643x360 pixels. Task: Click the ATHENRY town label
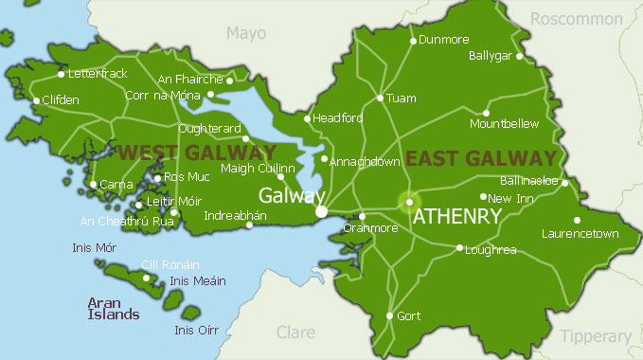pyautogui.click(x=456, y=217)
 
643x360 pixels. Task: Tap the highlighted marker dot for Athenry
pyautogui.click(x=409, y=202)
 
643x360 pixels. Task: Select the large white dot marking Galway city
pyautogui.click(x=322, y=211)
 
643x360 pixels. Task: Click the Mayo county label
pyautogui.click(x=245, y=33)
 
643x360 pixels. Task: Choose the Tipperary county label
pyautogui.click(x=595, y=336)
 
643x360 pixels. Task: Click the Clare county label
pyautogui.click(x=295, y=332)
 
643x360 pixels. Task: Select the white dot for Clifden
pyautogui.click(x=37, y=100)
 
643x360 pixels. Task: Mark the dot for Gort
pyautogui.click(x=389, y=315)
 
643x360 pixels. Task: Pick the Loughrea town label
pyautogui.click(x=491, y=249)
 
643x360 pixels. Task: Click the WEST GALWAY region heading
pyautogui.click(x=185, y=153)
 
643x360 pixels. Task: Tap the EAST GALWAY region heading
pyautogui.click(x=481, y=157)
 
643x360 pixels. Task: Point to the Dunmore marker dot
pyautogui.click(x=413, y=41)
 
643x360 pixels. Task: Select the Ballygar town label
pyautogui.click(x=491, y=56)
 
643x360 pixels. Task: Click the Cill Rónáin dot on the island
pyautogui.click(x=146, y=278)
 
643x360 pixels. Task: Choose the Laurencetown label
pyautogui.click(x=580, y=233)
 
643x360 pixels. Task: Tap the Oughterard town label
pyautogui.click(x=210, y=128)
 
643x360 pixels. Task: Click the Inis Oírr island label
pyautogui.click(x=197, y=330)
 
